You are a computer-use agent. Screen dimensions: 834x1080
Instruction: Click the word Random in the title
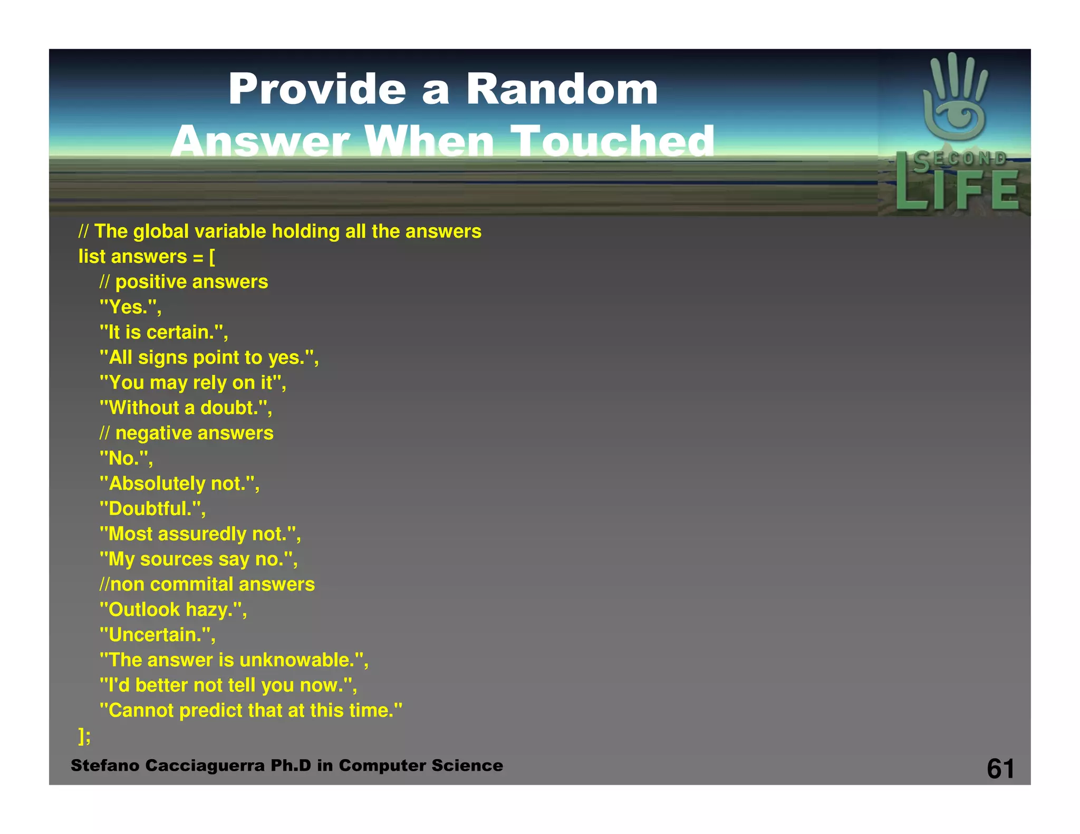click(x=562, y=89)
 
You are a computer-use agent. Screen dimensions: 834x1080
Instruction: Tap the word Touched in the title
click(x=615, y=141)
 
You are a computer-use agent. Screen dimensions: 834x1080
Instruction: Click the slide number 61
click(x=1000, y=769)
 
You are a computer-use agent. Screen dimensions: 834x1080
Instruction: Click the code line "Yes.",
click(x=130, y=307)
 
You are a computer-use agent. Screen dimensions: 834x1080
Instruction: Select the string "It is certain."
click(x=163, y=332)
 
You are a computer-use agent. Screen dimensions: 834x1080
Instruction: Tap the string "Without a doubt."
click(x=186, y=408)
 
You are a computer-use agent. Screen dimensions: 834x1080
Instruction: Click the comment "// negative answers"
click(x=186, y=433)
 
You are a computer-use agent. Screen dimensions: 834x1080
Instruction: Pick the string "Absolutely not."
click(x=179, y=483)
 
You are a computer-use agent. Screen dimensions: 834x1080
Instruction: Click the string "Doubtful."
click(x=152, y=509)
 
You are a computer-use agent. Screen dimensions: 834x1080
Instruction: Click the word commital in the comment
click(x=191, y=584)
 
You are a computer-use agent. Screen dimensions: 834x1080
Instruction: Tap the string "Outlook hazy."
click(x=173, y=609)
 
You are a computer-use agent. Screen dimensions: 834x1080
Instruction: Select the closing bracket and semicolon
click(x=84, y=735)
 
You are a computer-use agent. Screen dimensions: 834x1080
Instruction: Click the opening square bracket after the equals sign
click(x=212, y=257)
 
